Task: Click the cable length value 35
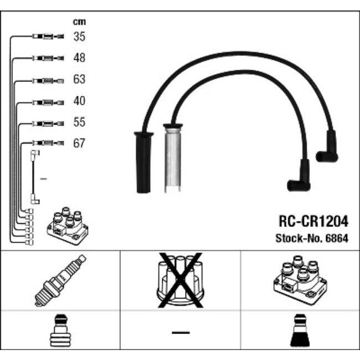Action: (x=79, y=37)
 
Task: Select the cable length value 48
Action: (x=79, y=58)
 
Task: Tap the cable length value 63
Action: (x=79, y=80)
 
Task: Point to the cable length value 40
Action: (x=79, y=101)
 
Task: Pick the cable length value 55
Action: (x=79, y=122)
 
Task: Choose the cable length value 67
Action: (x=79, y=144)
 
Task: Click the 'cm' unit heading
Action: (x=79, y=22)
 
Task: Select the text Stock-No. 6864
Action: (x=312, y=239)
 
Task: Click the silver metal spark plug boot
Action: (x=173, y=159)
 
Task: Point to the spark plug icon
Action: (x=60, y=280)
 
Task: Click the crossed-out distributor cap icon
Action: (x=180, y=280)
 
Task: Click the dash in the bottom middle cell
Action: (x=180, y=332)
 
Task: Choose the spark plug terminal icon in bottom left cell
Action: (x=60, y=332)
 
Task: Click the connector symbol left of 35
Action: (x=48, y=37)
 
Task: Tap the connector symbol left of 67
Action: (x=48, y=144)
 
